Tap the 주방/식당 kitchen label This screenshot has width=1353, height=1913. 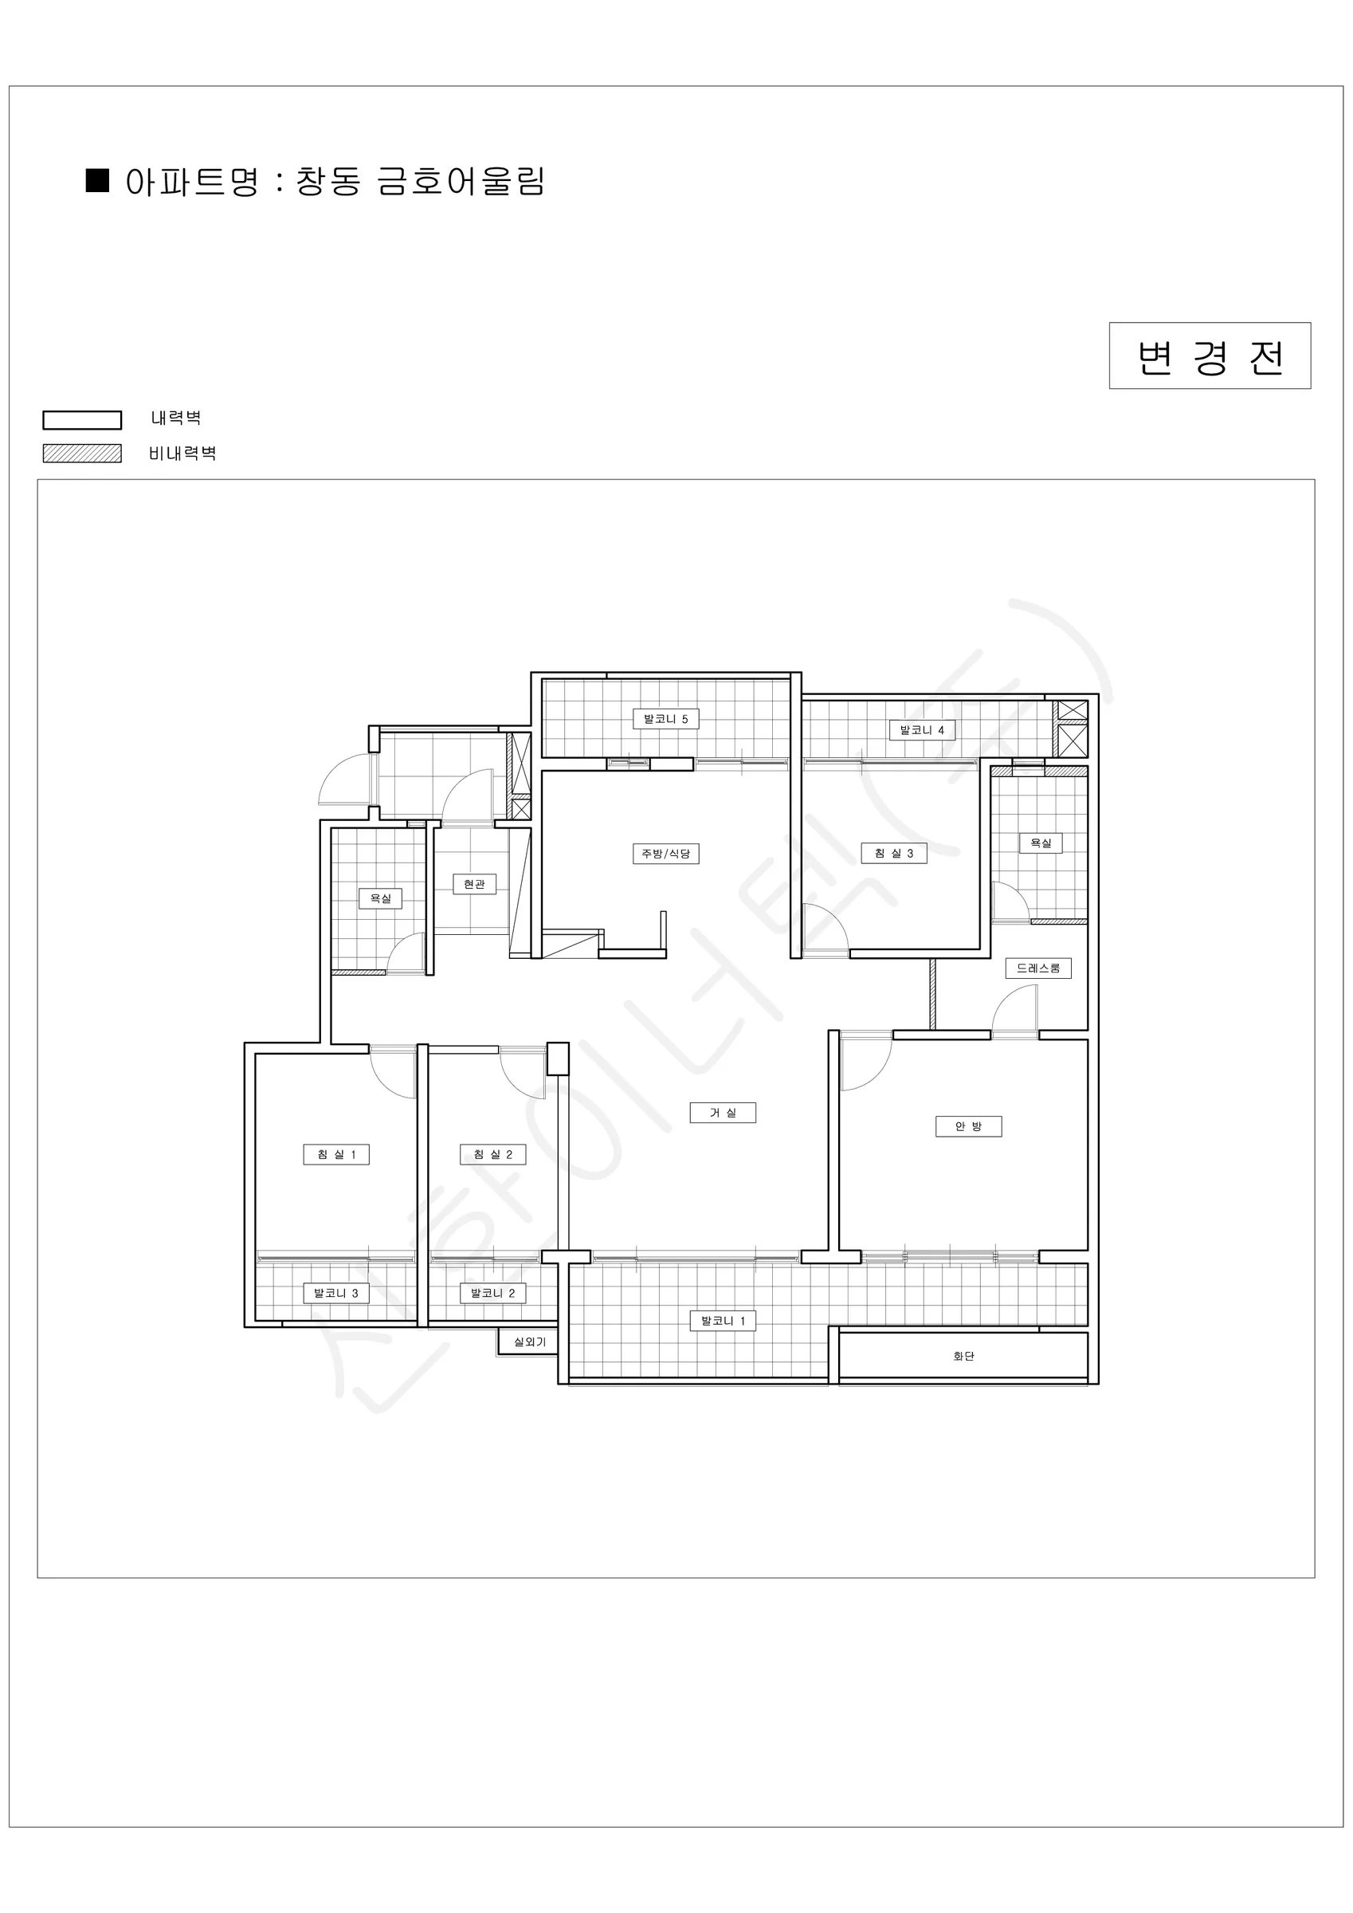click(665, 853)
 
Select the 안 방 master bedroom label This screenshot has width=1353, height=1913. click(968, 1126)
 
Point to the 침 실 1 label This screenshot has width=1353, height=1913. click(335, 1154)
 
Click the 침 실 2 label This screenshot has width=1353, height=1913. click(492, 1154)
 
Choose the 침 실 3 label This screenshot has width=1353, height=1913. click(894, 852)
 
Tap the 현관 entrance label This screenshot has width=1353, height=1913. click(474, 883)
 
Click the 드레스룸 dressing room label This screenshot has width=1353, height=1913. click(1038, 968)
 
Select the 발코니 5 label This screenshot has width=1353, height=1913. click(665, 718)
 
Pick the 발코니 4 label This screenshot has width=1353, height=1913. click(921, 730)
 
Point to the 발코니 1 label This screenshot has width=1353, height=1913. click(723, 1321)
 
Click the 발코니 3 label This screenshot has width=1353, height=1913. click(335, 1292)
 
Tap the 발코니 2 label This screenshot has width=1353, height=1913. click(492, 1292)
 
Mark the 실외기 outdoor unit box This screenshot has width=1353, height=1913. click(528, 1341)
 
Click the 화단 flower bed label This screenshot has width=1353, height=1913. click(963, 1356)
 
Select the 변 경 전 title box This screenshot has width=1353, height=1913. click(1210, 355)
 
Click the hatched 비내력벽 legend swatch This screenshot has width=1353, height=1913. click(83, 454)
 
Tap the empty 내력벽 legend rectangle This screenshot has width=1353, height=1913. click(83, 419)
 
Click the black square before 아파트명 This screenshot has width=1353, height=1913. click(97, 181)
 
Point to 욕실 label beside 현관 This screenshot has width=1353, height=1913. click(380, 898)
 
